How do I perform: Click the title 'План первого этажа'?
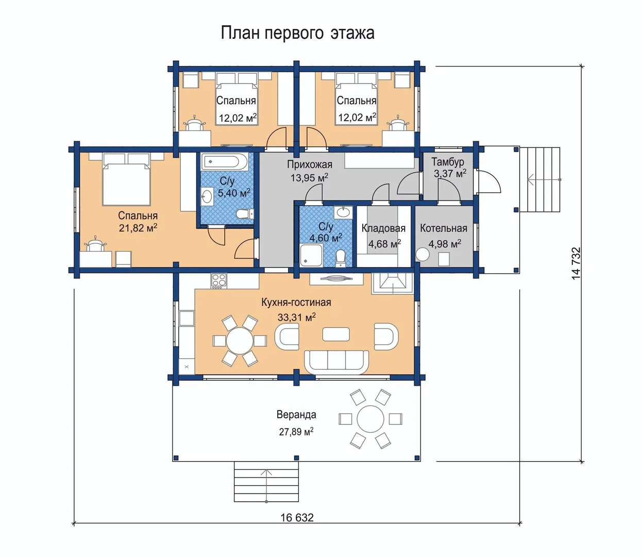pyautogui.click(x=297, y=33)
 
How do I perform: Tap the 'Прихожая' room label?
pyautogui.click(x=309, y=164)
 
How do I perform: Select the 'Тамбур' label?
pyautogui.click(x=448, y=162)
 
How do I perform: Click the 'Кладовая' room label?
pyautogui.click(x=383, y=228)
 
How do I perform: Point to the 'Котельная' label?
pyautogui.click(x=444, y=228)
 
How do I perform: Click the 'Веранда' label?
pyautogui.click(x=296, y=415)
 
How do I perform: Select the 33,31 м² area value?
pyautogui.click(x=297, y=317)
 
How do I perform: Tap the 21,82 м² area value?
pyautogui.click(x=138, y=228)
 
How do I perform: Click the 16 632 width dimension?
pyautogui.click(x=297, y=517)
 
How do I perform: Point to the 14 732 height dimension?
pyautogui.click(x=576, y=263)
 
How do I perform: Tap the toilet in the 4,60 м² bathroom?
pyautogui.click(x=341, y=258)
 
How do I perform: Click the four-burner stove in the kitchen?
pyautogui.click(x=219, y=281)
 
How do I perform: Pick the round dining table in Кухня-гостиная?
pyautogui.click(x=240, y=341)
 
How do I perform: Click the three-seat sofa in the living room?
pyautogui.click(x=336, y=363)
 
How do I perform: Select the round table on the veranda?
pyautogui.click(x=370, y=419)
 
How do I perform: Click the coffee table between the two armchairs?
pyautogui.click(x=336, y=334)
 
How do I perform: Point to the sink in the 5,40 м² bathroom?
pyautogui.click(x=207, y=196)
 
